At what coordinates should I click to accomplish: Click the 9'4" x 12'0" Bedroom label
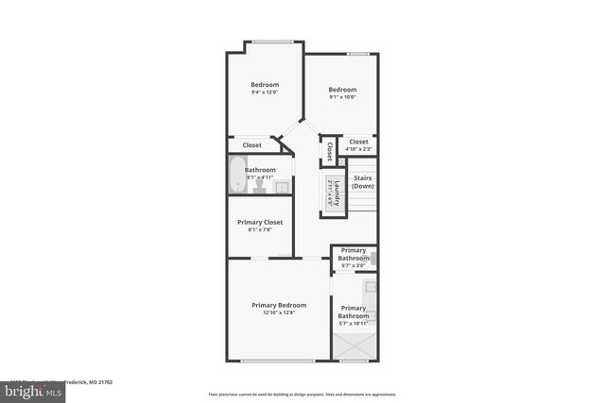click(265, 85)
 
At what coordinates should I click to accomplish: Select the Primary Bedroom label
click(279, 305)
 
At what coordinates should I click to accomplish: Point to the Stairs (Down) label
click(363, 181)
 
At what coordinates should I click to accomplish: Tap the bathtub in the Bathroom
click(236, 176)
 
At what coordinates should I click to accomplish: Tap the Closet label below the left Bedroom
click(252, 145)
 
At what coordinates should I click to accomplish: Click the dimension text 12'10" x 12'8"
click(279, 312)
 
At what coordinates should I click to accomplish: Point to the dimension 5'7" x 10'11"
click(354, 324)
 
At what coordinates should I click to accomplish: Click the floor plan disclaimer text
click(302, 394)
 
